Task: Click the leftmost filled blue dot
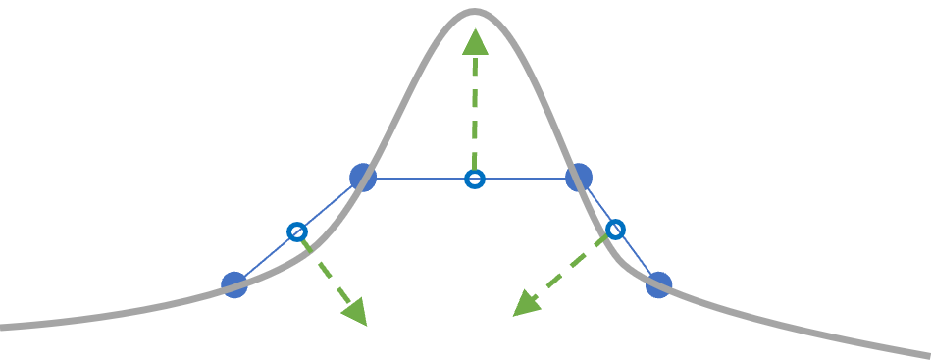234,284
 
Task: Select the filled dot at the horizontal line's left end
363,178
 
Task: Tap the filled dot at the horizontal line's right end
579,178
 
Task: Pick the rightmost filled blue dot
658,284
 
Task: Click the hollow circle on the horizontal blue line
474,179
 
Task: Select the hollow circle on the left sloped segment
297,231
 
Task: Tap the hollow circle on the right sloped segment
615,230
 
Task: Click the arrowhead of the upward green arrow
475,42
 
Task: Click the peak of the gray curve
474,12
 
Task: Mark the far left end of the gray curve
4,326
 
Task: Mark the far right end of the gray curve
927,353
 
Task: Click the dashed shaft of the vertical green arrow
475,113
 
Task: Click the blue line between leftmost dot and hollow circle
265,259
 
